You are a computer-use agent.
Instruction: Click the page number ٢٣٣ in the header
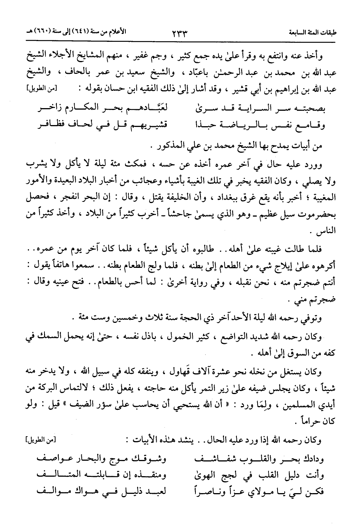click(180, 32)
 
